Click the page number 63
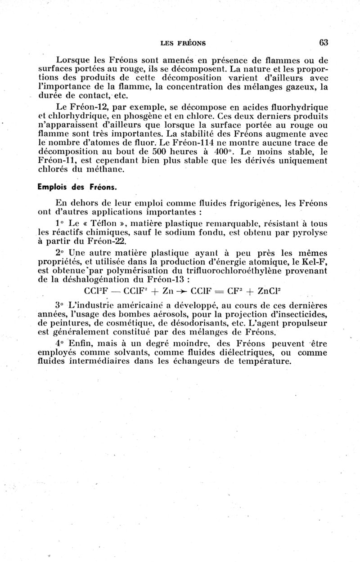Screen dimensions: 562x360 [324, 43]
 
